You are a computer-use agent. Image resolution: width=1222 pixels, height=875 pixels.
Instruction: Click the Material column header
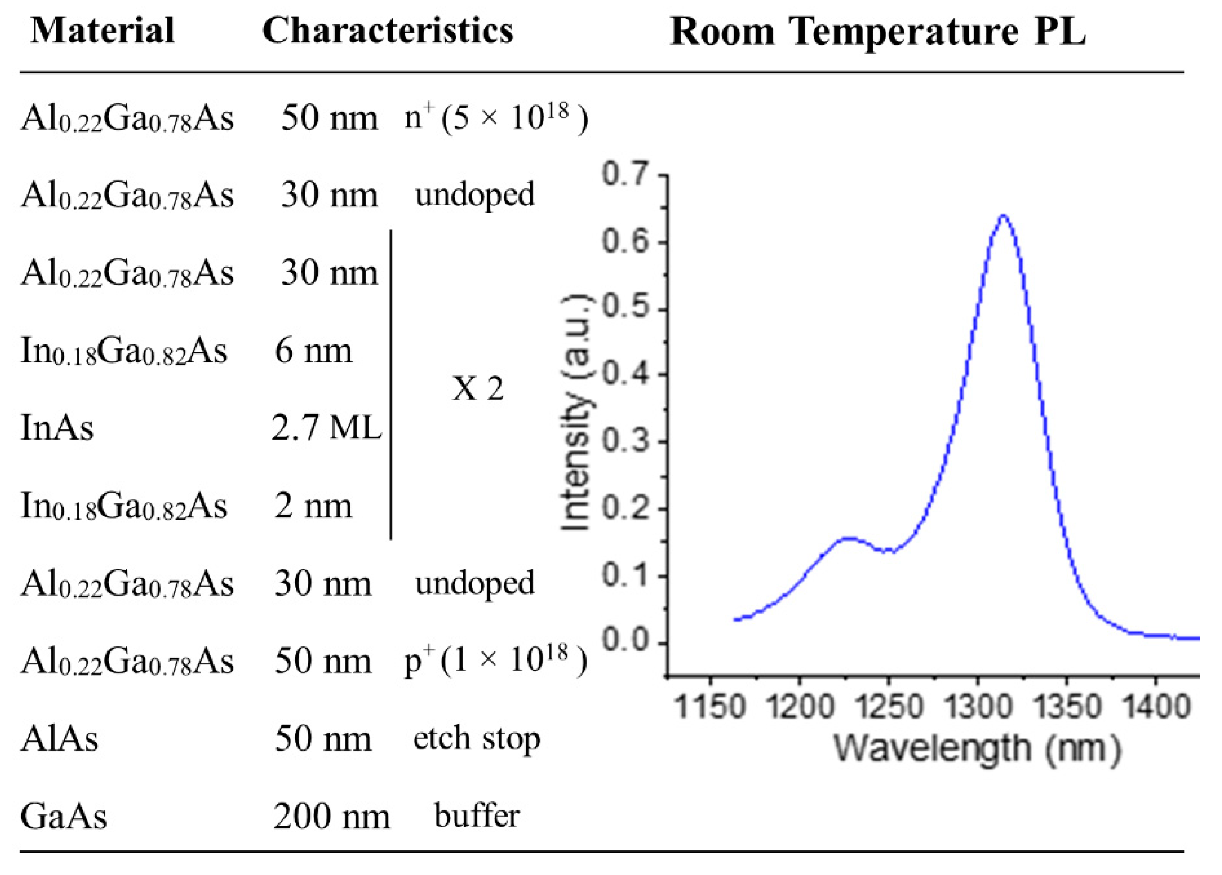click(102, 31)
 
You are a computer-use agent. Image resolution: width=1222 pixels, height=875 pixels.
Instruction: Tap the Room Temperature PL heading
click(877, 32)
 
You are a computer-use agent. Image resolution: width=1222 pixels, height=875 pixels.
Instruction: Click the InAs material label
click(57, 429)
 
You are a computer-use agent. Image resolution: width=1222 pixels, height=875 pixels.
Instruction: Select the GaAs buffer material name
click(64, 817)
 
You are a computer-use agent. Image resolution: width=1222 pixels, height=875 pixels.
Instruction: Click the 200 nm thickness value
click(331, 817)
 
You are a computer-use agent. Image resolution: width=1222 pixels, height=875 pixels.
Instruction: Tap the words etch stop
click(476, 739)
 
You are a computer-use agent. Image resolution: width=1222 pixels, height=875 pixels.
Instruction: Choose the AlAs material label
click(59, 739)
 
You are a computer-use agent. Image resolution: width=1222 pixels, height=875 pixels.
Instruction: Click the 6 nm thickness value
click(313, 351)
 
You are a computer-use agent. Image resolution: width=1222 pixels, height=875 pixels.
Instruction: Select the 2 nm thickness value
click(313, 506)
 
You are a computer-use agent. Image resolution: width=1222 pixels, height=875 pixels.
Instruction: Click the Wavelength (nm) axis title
click(977, 749)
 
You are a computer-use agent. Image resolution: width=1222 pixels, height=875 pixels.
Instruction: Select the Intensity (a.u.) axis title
click(575, 412)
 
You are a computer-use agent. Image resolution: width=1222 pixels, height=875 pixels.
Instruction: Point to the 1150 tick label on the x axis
click(710, 706)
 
